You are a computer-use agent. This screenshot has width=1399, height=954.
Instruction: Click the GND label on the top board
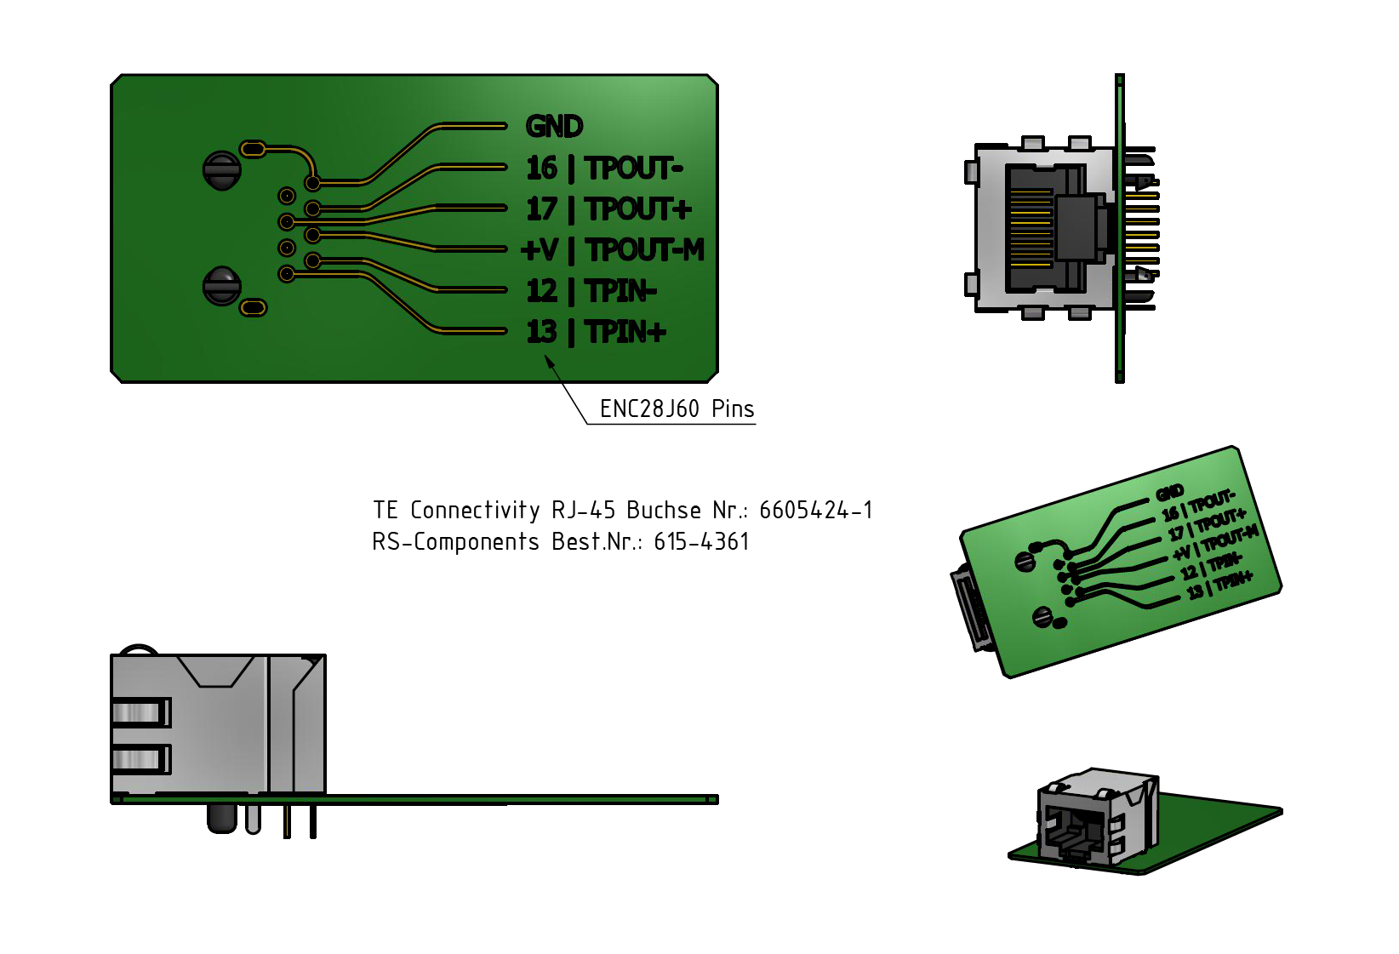[x=554, y=127]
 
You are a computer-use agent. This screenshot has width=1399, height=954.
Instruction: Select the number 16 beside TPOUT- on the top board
[x=541, y=168]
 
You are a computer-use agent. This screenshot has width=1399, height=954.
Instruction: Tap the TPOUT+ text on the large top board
[x=638, y=209]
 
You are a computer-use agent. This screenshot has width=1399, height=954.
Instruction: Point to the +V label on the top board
[x=540, y=250]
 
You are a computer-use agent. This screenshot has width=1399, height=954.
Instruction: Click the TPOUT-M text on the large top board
[x=645, y=250]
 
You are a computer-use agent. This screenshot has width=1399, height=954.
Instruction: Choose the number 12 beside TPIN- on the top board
[x=541, y=291]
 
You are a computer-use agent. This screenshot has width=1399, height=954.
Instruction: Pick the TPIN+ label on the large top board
[x=625, y=332]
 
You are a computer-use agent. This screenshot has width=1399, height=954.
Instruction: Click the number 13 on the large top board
[x=541, y=332]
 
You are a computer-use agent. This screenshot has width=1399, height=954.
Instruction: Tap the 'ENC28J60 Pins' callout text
[x=677, y=409]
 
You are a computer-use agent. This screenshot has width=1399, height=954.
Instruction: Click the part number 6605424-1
[x=815, y=511]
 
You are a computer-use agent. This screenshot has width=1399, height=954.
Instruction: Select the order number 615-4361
[x=701, y=542]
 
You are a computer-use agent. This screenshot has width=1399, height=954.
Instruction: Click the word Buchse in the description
[x=664, y=511]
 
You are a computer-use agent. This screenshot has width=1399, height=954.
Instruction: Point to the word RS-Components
[x=455, y=542]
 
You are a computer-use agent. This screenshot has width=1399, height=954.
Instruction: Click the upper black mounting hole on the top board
[x=222, y=170]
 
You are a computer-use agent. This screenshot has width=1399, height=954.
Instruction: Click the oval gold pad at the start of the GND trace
[x=253, y=150]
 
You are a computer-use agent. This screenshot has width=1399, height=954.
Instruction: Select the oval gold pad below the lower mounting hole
[x=254, y=307]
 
